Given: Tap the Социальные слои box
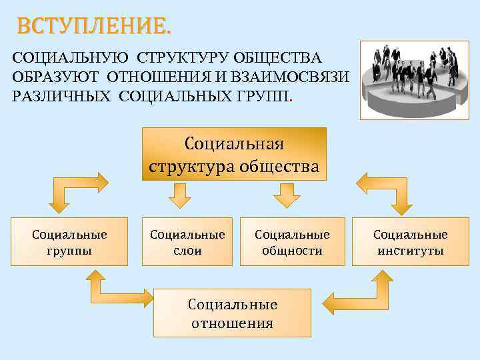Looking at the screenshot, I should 187,242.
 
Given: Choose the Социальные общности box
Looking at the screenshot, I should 292,242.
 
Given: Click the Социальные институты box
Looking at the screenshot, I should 410,242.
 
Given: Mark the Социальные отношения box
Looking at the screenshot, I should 233,313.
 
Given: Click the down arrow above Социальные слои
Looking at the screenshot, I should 179,195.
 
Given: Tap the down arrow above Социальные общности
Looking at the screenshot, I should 287,195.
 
